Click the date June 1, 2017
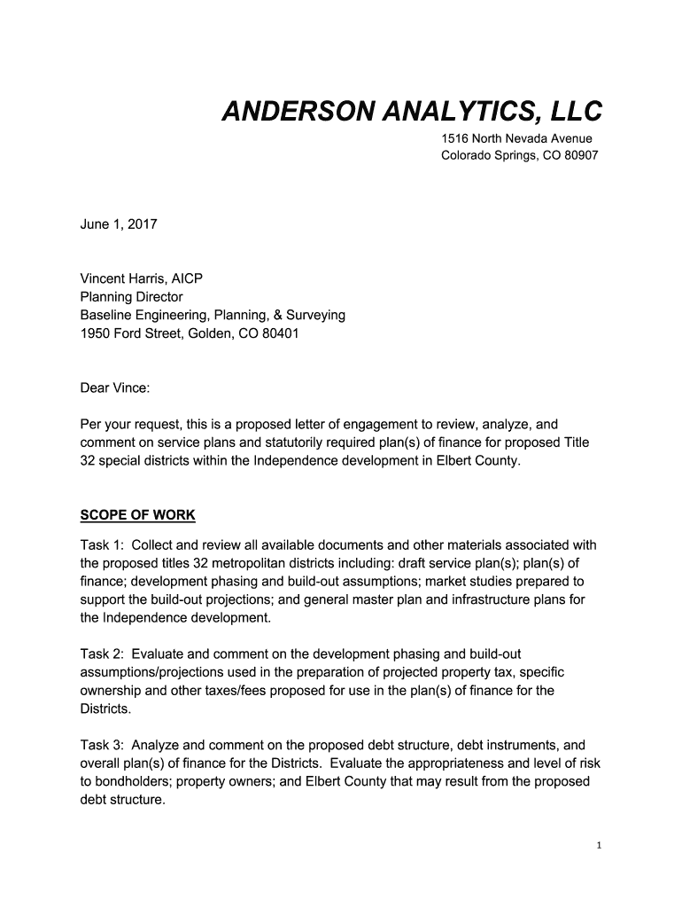(119, 224)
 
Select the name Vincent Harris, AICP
(142, 278)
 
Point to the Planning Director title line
(131, 297)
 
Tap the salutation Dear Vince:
(115, 387)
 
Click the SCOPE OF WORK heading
(137, 515)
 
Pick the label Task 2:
(101, 654)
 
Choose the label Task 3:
(101, 746)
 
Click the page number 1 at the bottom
(599, 845)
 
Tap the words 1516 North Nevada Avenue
(516, 138)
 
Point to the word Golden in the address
(207, 334)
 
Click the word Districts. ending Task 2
(106, 709)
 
